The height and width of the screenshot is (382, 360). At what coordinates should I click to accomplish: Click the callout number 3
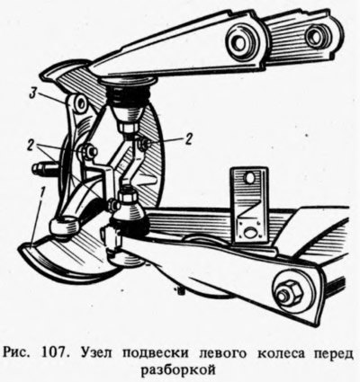pos(34,93)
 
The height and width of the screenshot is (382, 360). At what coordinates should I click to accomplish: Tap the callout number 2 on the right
pos(188,138)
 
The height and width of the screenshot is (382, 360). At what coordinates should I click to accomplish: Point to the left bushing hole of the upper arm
pos(241,43)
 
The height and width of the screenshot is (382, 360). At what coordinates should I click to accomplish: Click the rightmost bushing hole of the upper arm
pos(315,36)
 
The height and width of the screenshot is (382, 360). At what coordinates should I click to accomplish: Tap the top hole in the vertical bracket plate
pos(249,179)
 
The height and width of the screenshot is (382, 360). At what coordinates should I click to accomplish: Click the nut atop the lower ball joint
pos(129,195)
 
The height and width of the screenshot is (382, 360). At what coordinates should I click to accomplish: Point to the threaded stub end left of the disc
pos(37,170)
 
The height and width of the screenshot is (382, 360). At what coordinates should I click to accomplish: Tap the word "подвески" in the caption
pos(156,354)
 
